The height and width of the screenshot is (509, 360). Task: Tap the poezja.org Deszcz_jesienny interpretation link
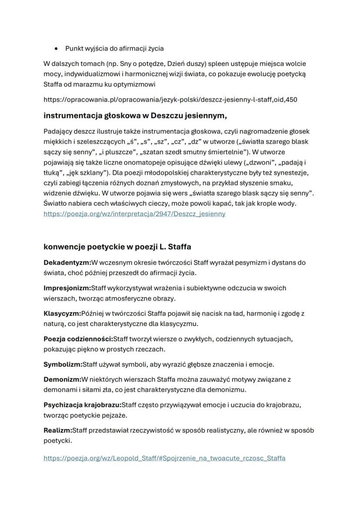tap(134, 214)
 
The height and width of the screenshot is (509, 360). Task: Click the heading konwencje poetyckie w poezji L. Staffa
tap(117, 247)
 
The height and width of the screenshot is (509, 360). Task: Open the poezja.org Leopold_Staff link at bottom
tap(164, 458)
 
